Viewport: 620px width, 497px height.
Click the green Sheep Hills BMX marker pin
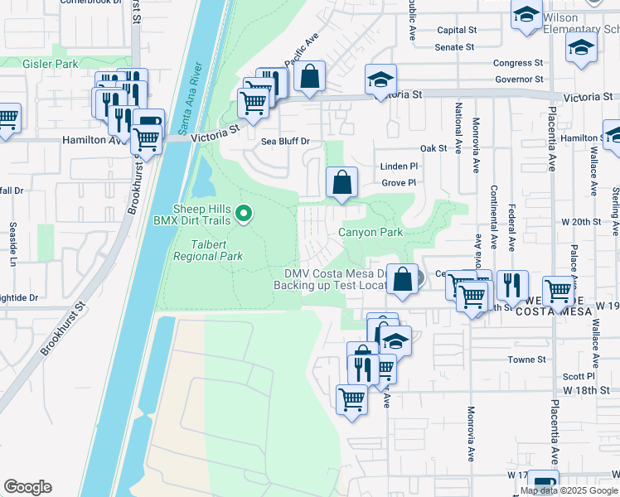tap(243, 215)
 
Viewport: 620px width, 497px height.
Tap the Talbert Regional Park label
tap(207, 249)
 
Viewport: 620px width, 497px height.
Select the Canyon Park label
tap(370, 233)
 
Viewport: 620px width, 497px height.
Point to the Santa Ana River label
tap(191, 97)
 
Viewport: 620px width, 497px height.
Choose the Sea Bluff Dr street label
tap(285, 142)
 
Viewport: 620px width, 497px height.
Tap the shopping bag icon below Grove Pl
tap(341, 182)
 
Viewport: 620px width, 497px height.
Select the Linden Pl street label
tap(399, 166)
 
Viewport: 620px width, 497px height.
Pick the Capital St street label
tap(457, 30)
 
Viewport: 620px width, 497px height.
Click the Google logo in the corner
tap(27, 486)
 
